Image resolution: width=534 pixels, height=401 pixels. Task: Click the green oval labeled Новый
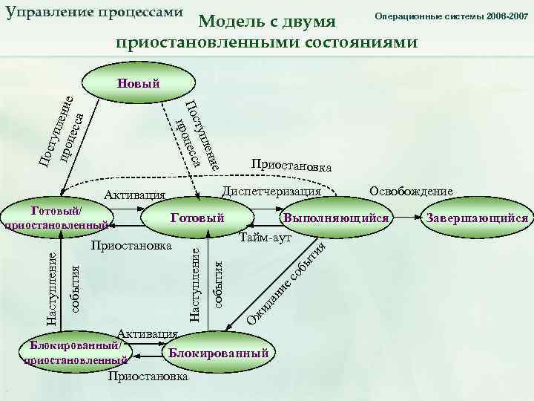(x=138, y=82)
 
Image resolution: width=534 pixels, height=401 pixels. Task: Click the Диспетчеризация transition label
(x=271, y=192)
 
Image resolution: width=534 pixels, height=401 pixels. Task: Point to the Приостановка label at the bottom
(x=148, y=376)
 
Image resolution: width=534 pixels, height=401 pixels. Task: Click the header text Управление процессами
(x=93, y=13)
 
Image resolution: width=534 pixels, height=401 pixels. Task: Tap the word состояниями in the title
(x=355, y=42)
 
